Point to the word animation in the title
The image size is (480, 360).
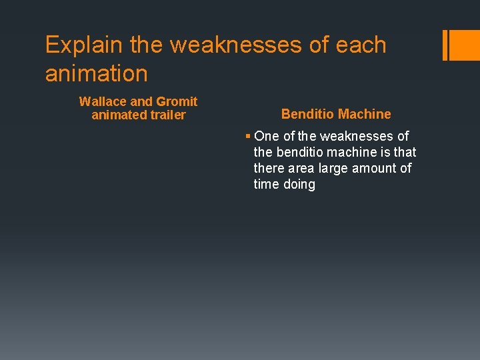click(x=96, y=73)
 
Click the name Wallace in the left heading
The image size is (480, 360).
click(x=103, y=102)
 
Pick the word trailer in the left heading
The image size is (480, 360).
click(x=169, y=115)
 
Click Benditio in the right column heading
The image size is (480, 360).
click(x=308, y=114)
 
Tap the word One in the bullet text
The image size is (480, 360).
click(x=267, y=137)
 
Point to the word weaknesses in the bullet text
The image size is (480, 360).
click(x=364, y=137)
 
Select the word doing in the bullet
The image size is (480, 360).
click(x=299, y=185)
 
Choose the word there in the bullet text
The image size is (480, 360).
click(x=268, y=169)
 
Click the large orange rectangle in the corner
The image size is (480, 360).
click(x=465, y=45)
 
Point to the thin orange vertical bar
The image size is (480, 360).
click(x=445, y=45)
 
